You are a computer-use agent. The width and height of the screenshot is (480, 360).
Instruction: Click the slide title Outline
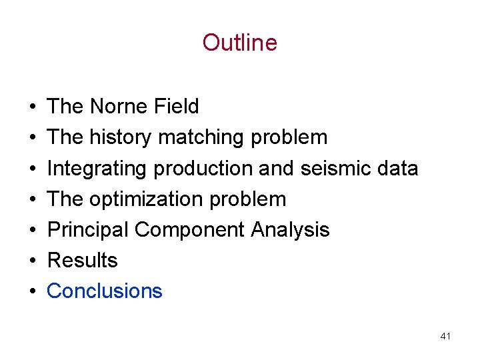point(239,43)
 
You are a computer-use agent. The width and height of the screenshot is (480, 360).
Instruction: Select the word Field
point(176,107)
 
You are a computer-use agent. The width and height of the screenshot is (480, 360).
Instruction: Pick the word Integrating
point(97,169)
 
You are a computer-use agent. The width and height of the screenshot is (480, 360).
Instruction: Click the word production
point(203,169)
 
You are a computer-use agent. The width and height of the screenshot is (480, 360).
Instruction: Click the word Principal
point(88,230)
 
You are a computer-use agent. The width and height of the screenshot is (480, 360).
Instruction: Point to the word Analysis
point(290,230)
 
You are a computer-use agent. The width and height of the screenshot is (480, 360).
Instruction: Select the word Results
point(82,261)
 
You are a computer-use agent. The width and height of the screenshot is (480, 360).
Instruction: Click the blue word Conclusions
point(105,291)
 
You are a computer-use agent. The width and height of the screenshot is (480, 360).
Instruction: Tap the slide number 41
point(445,336)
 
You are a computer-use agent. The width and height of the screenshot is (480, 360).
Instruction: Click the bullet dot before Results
point(33,261)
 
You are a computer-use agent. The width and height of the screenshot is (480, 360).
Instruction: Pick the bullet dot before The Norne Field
point(33,107)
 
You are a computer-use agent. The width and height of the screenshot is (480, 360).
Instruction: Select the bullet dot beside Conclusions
point(33,292)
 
